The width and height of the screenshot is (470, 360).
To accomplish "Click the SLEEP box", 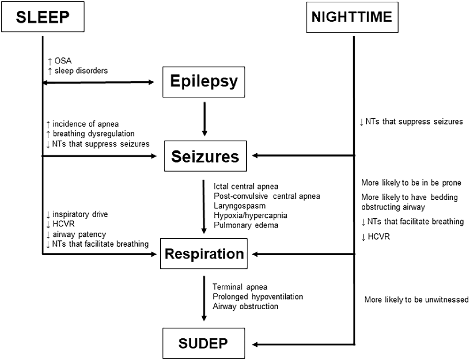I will (43, 17).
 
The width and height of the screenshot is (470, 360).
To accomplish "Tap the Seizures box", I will (204, 156).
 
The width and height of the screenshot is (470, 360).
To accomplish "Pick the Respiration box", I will (204, 254).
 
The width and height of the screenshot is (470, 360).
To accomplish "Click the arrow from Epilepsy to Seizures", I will (204, 119).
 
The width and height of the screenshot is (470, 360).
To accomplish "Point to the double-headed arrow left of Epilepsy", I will (99, 83).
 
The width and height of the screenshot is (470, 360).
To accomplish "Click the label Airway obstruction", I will (245, 306).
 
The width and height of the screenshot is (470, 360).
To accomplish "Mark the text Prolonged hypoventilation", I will (258, 297).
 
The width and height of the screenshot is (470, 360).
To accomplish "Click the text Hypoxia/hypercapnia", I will (251, 215).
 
